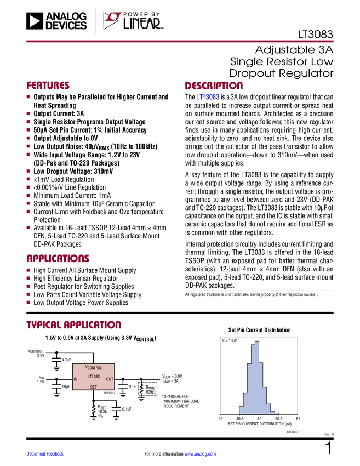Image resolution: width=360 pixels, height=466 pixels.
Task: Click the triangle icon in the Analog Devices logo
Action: click(x=35, y=21)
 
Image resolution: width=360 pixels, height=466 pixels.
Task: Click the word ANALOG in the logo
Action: click(x=66, y=16)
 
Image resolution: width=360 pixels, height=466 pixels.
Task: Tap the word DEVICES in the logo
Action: click(x=66, y=26)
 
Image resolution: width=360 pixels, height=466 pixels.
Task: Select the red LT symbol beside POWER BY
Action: click(x=112, y=21)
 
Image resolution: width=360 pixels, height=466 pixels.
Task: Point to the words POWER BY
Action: click(x=141, y=15)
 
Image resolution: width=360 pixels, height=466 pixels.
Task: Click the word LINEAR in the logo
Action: click(x=141, y=24)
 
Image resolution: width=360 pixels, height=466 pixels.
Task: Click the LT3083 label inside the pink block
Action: click(x=94, y=377)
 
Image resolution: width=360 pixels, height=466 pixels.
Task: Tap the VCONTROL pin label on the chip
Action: click(x=94, y=367)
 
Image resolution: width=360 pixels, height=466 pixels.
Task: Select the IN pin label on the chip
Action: click(x=76, y=379)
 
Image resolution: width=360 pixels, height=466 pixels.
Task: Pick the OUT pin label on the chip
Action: click(x=110, y=379)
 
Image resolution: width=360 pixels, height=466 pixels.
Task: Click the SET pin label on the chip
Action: click(x=94, y=387)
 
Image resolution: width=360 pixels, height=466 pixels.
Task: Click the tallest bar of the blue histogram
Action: click(x=256, y=378)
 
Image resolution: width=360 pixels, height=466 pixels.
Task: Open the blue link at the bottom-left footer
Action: click(x=45, y=454)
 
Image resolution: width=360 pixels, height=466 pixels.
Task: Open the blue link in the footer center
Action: click(x=200, y=454)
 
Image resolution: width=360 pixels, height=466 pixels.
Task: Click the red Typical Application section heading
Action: click(x=73, y=325)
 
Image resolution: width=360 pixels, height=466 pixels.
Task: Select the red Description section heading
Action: click(x=214, y=86)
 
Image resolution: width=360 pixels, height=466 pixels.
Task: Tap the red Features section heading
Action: click(x=48, y=86)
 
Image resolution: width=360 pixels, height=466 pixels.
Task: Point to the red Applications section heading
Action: click(x=58, y=259)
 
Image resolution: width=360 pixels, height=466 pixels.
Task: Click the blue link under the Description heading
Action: click(x=208, y=98)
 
